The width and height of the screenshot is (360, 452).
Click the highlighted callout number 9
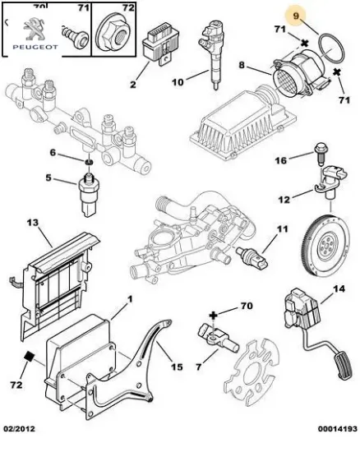click(296, 16)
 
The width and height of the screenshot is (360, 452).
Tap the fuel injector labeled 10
click(212, 55)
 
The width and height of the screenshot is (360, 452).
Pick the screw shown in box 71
click(75, 37)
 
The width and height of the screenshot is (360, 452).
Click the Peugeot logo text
click(35, 47)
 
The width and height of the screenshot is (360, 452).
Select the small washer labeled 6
click(89, 162)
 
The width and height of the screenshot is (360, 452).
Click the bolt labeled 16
click(319, 154)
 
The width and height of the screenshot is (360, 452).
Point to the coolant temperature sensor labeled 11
click(252, 256)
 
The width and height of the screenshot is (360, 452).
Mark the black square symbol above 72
click(29, 357)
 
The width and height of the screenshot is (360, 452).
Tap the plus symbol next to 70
click(213, 315)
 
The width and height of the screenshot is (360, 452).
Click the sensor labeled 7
click(218, 338)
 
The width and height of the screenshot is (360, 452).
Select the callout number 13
click(33, 223)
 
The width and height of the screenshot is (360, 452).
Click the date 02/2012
click(19, 429)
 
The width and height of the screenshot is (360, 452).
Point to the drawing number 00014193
click(338, 429)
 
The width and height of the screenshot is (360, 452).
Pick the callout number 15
click(177, 367)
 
